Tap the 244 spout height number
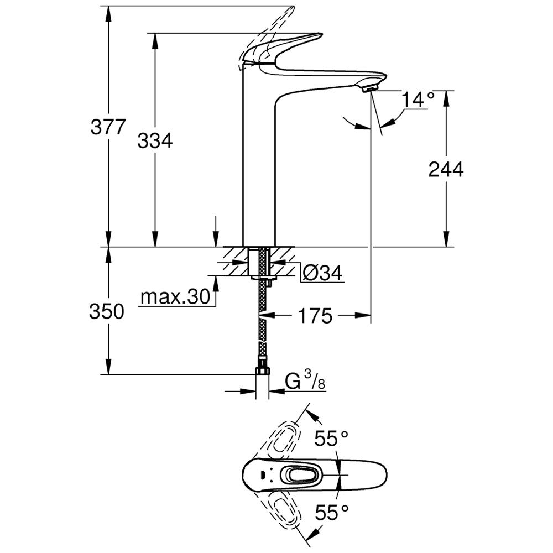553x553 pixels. click(x=446, y=170)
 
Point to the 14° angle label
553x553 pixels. click(x=418, y=100)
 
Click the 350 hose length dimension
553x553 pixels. click(x=106, y=312)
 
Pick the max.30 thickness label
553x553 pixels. click(x=175, y=298)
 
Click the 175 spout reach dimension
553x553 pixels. click(x=315, y=316)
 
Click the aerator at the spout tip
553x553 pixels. click(x=369, y=86)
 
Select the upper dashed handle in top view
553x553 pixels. click(x=285, y=437)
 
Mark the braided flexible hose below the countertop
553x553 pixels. click(x=262, y=321)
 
